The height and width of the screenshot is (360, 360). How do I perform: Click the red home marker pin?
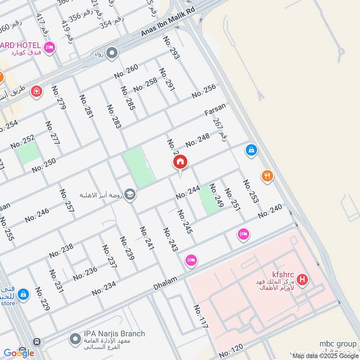coord(180,162)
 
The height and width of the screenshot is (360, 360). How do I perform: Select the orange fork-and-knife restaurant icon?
coord(268,176)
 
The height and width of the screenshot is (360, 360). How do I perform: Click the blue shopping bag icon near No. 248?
coord(252,149)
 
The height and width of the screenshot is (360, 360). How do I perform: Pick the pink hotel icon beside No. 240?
coord(243,234)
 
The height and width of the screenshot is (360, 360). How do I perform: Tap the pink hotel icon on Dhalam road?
coord(191,260)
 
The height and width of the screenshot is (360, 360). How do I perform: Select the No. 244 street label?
coord(188,193)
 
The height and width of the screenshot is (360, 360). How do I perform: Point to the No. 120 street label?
coord(231,350)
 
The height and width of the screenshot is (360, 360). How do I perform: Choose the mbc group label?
coord(338,344)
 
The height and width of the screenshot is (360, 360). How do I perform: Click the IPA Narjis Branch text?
coord(114,333)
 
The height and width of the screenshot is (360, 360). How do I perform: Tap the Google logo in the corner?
coord(18,353)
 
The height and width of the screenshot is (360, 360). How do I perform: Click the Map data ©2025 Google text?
coord(325,355)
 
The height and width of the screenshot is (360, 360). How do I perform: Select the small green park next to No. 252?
coord(28,153)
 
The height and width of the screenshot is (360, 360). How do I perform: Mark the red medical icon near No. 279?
coord(36,91)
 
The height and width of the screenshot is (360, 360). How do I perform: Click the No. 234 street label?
coord(104,288)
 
